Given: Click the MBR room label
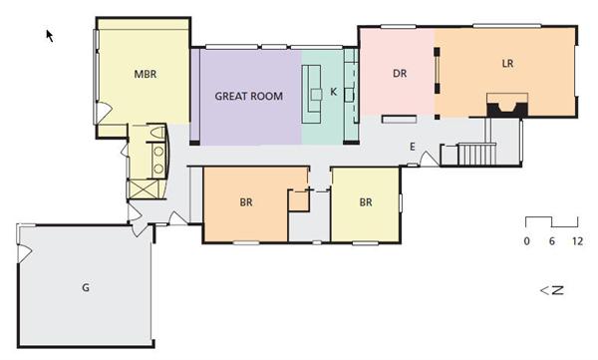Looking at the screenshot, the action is (x=145, y=74).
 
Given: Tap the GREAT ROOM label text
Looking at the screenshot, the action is (x=248, y=96).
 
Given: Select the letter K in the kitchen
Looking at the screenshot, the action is (x=334, y=92).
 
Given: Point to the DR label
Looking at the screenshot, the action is (x=400, y=74).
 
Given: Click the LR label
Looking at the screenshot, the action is (x=507, y=64).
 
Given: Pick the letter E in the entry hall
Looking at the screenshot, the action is (x=413, y=147).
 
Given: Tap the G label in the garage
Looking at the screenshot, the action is (x=86, y=287).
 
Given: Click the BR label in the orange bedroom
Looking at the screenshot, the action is (x=246, y=202).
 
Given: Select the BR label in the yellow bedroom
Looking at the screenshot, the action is (x=366, y=202).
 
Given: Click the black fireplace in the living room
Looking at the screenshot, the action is (x=507, y=109).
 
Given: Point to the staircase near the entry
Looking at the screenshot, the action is (x=476, y=154).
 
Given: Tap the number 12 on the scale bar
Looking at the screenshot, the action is (x=577, y=241).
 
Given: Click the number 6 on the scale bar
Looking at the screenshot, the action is (x=551, y=241).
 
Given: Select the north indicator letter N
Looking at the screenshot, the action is (x=557, y=290).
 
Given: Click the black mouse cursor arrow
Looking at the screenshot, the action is (x=50, y=36).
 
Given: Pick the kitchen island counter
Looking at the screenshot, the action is (x=311, y=94).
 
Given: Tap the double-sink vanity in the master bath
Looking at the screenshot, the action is (x=158, y=161).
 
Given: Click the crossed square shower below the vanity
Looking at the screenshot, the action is (x=143, y=188).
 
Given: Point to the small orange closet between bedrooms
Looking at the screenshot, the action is (x=298, y=200).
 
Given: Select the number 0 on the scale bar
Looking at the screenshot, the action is (x=526, y=241).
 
